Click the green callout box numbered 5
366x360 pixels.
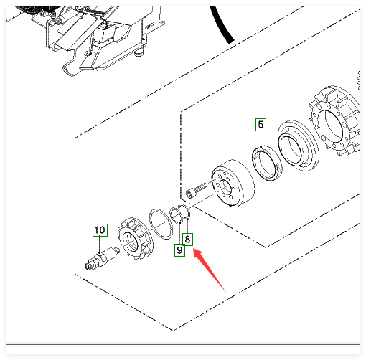click(261, 125)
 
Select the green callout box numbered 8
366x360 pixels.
click(187, 239)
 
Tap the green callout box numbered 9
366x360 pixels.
click(179, 250)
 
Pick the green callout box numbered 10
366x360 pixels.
click(100, 230)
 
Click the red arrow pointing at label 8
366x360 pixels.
click(209, 270)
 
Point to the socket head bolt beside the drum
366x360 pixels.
click(197, 189)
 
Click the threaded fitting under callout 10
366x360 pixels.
click(101, 259)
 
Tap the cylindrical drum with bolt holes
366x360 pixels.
click(233, 183)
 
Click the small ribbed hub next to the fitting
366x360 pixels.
click(134, 239)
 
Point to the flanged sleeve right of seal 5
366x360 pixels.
click(298, 145)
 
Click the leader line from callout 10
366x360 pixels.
click(100, 245)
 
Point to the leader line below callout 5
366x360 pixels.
click(261, 138)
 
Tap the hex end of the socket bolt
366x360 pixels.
click(189, 194)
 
